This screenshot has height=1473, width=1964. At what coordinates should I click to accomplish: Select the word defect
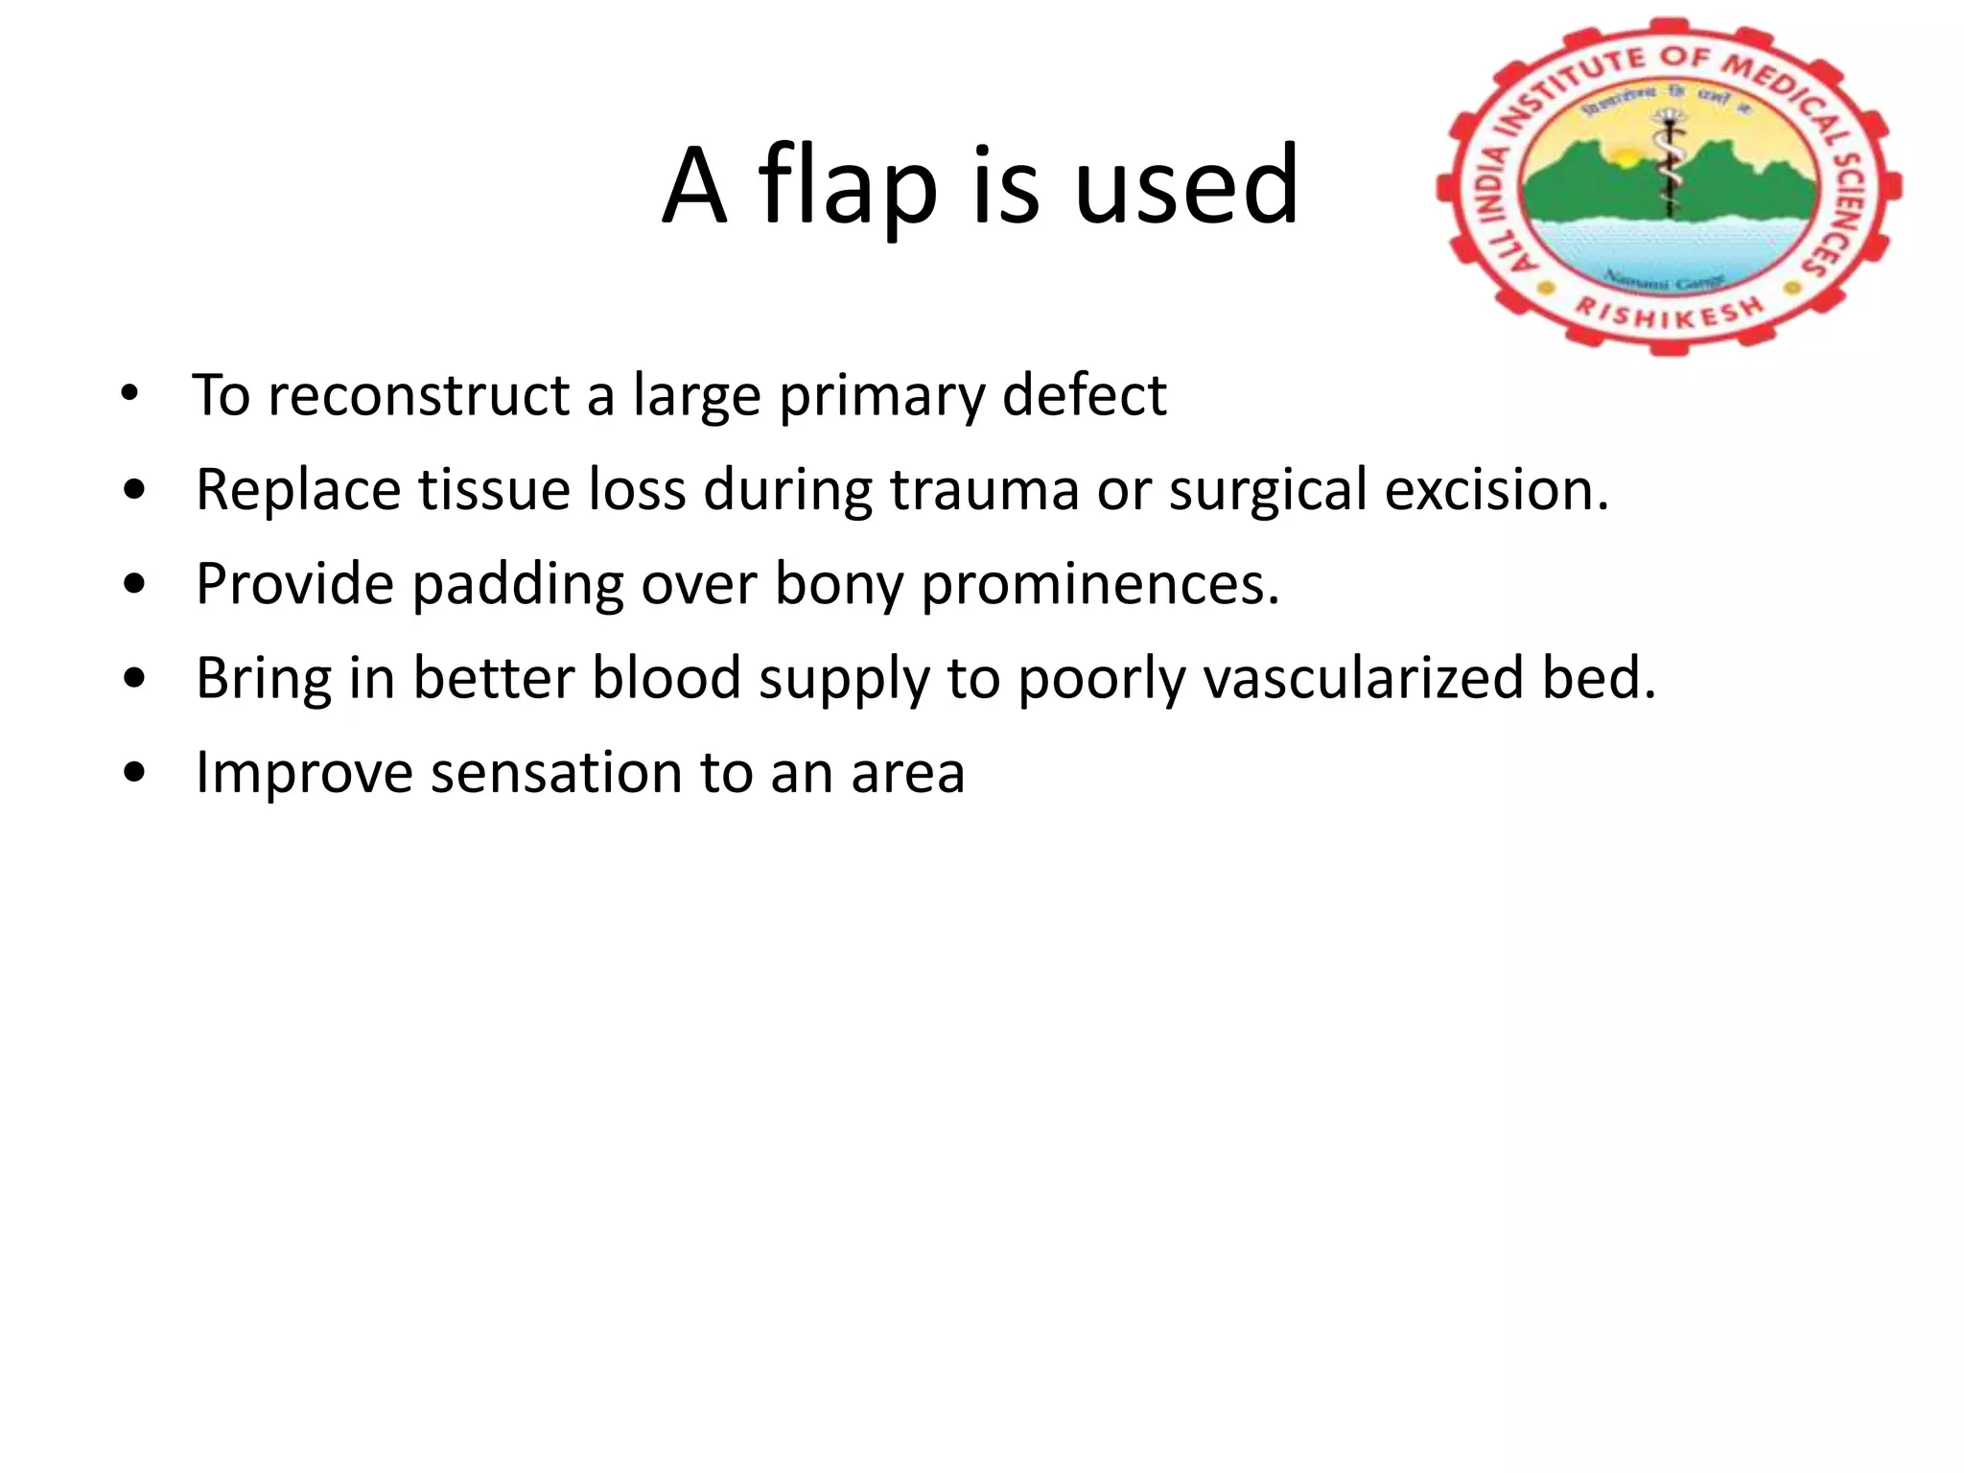[x=1084, y=395]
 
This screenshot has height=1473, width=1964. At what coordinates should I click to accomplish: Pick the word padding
[x=517, y=584]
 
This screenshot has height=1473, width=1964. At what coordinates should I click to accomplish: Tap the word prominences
[x=1100, y=584]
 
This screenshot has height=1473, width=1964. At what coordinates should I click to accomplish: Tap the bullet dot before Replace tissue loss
[x=135, y=490]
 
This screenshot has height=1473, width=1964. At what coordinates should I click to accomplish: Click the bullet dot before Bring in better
[x=135, y=679]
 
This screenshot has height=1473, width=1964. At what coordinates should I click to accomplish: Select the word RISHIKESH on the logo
[x=1670, y=313]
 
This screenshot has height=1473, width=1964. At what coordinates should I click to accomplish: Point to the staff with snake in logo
[x=1670, y=163]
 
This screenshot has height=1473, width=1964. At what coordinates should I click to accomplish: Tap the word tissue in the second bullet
[x=490, y=489]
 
